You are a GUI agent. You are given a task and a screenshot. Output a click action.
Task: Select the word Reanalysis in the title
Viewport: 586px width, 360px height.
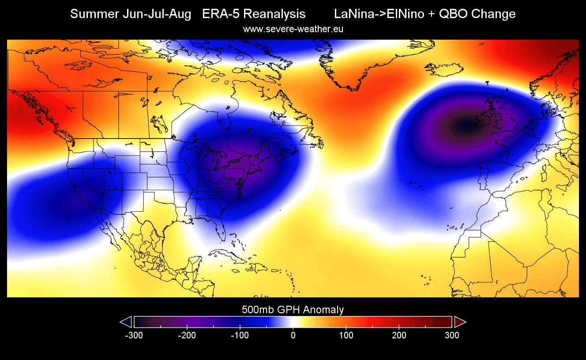click(x=274, y=14)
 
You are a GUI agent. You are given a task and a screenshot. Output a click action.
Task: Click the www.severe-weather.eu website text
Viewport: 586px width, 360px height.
click(x=293, y=29)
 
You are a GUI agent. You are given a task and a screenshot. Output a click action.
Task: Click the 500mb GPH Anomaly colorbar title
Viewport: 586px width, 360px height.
click(x=293, y=310)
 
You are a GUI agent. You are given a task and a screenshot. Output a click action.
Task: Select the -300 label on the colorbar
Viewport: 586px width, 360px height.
click(x=134, y=335)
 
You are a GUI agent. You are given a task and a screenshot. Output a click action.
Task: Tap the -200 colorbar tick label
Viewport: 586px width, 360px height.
click(x=187, y=335)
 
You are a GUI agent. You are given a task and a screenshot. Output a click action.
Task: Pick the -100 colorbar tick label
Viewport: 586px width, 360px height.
click(x=240, y=335)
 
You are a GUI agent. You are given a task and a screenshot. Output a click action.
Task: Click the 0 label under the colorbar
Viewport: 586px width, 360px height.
click(x=293, y=335)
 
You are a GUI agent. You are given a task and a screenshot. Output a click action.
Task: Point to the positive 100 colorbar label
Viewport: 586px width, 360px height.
click(x=346, y=335)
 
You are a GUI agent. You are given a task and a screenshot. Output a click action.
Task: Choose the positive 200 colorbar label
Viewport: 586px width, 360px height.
click(x=399, y=335)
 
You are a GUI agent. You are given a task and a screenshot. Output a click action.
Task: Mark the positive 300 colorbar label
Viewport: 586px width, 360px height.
click(x=452, y=335)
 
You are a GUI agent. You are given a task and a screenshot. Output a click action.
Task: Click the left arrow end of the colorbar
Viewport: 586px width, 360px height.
click(x=126, y=322)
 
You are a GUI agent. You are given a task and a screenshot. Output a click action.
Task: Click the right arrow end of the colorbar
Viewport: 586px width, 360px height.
click(x=460, y=322)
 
